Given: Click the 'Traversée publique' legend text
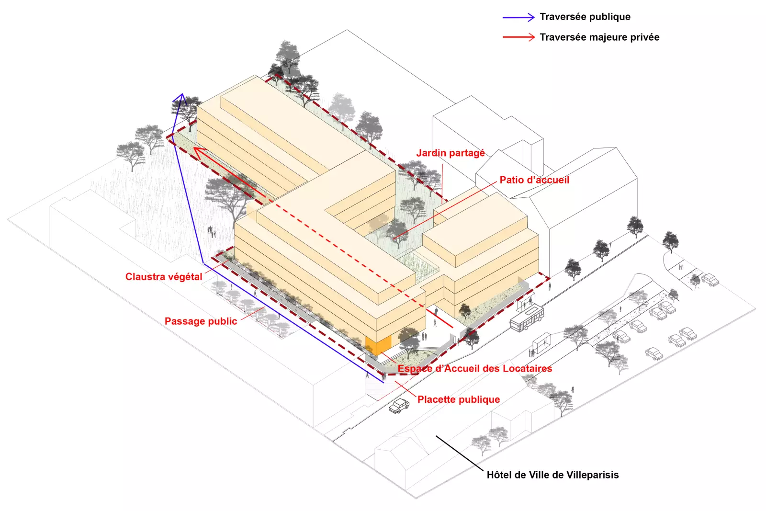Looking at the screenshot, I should pyautogui.click(x=585, y=17).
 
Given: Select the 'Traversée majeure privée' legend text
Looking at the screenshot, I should pyautogui.click(x=599, y=37).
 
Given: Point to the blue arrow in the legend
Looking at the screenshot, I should pyautogui.click(x=518, y=17).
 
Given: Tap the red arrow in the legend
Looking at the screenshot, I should pyautogui.click(x=518, y=37).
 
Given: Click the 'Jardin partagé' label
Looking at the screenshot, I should pyautogui.click(x=450, y=153).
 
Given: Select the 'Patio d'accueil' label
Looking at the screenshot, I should pyautogui.click(x=534, y=180).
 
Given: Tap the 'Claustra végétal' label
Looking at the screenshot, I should pyautogui.click(x=164, y=277).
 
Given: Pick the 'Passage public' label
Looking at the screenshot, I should pyautogui.click(x=201, y=321).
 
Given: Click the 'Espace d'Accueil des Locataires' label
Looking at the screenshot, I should pyautogui.click(x=474, y=369).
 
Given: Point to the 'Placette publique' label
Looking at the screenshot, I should pyautogui.click(x=458, y=399).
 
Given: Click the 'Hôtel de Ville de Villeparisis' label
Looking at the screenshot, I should pyautogui.click(x=552, y=475).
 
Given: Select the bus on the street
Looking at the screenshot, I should pyautogui.click(x=527, y=318).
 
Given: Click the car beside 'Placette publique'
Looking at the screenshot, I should pyautogui.click(x=399, y=406).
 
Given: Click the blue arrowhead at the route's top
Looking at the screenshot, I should pyautogui.click(x=181, y=97).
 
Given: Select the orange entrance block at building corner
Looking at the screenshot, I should pyautogui.click(x=378, y=345).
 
